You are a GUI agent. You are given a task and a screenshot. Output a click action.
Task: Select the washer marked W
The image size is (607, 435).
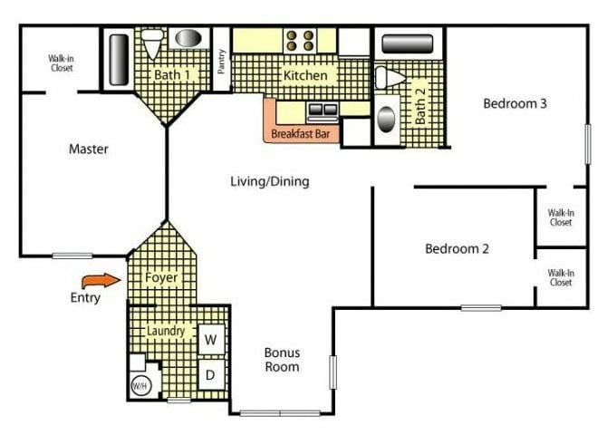click(x=210, y=340)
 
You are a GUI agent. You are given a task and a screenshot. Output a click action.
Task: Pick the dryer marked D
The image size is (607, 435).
click(x=210, y=374)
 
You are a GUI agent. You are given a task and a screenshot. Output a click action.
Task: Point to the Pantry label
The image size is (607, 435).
click(x=222, y=62)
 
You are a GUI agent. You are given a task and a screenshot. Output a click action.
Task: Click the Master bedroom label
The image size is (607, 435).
click(x=89, y=150)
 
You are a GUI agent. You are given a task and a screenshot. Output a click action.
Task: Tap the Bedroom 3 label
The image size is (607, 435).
click(x=515, y=103)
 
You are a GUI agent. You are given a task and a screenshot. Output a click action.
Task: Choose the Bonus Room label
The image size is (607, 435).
click(x=282, y=360)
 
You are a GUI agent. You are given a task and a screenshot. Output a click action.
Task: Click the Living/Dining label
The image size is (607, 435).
click(x=269, y=181)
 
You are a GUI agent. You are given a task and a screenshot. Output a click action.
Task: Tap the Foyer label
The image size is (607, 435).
click(x=161, y=277)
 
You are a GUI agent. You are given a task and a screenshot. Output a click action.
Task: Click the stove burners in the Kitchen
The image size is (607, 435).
click(x=300, y=40)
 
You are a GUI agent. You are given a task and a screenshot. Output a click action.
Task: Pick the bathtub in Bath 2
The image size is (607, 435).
click(x=407, y=43)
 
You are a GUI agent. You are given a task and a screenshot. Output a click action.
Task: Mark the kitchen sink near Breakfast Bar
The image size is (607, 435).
click(x=321, y=111)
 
